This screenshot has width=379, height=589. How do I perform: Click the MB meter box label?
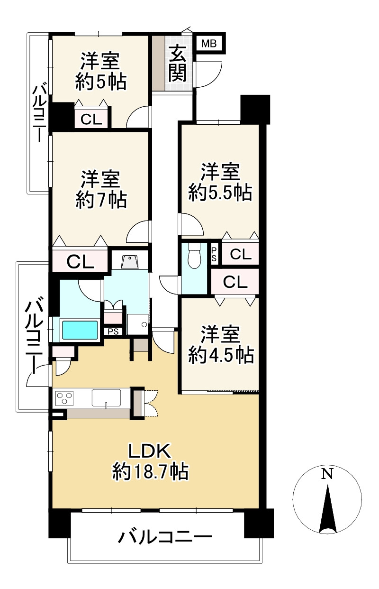pyautogui.click(x=209, y=43)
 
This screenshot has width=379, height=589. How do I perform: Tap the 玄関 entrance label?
pyautogui.click(x=178, y=63)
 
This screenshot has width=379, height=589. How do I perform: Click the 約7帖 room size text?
pyautogui.click(x=101, y=200)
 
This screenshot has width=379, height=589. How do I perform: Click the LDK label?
pyautogui.click(x=150, y=451)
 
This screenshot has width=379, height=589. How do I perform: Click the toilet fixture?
pyautogui.click(x=194, y=255)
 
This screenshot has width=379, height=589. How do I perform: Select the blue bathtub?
pyautogui.click(x=79, y=330)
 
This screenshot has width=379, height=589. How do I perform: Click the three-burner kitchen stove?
pyautogui.click(x=64, y=399)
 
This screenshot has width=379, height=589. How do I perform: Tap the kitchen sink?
pyautogui.click(x=106, y=398)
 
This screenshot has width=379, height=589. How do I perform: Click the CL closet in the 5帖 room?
pyautogui.click(x=91, y=120)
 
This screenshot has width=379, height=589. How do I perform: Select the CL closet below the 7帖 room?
pyautogui.click(x=80, y=262)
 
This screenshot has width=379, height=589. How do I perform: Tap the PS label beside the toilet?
pyautogui.click(x=214, y=255)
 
